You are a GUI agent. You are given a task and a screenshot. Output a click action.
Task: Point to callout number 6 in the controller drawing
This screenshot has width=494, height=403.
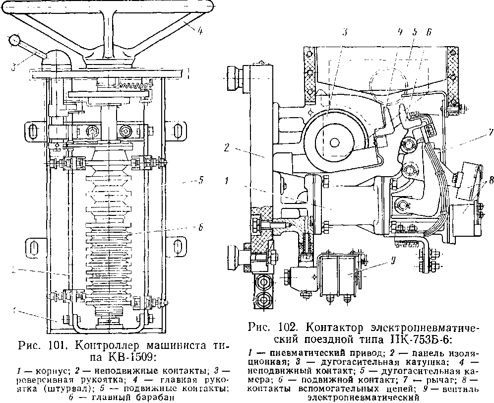pos(199,228)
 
